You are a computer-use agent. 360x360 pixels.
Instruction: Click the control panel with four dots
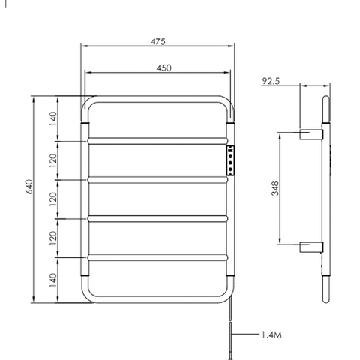pyautogui.click(x=232, y=160)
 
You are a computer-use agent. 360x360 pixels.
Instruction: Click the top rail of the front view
pyautogui.click(x=158, y=97)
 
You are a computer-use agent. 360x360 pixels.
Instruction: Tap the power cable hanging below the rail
pyautogui.click(x=232, y=330)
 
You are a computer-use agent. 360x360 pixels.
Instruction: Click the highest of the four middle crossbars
pyautogui.click(x=158, y=140)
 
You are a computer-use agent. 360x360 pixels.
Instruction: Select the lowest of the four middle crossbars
pyautogui.click(x=158, y=257)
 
